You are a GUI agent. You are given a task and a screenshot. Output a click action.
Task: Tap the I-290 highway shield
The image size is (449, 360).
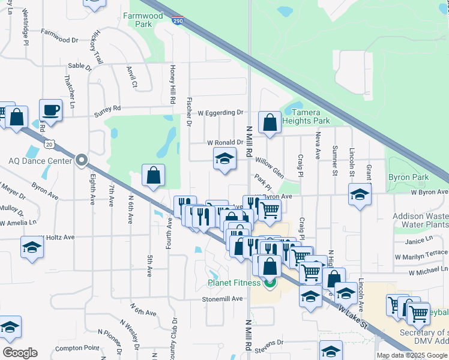[x=178, y=21]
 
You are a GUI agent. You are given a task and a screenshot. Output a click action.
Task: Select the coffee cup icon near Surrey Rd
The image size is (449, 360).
[x=50, y=110]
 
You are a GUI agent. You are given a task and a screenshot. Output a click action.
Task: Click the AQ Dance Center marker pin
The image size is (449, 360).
[x=82, y=160]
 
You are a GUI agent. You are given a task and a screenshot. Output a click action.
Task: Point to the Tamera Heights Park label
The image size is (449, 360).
[x=306, y=116]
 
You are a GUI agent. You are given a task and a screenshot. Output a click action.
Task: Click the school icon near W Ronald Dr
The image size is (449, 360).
[x=224, y=159]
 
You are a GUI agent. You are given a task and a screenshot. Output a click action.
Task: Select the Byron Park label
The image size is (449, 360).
[x=408, y=177]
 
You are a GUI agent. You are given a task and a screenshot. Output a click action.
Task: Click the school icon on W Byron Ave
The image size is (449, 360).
[x=360, y=194]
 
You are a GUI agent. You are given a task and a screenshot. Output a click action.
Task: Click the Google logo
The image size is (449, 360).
[x=19, y=353]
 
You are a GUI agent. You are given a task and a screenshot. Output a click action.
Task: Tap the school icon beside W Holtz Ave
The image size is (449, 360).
[x=31, y=247]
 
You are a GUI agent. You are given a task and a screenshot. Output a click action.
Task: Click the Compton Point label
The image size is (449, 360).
[x=77, y=348]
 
